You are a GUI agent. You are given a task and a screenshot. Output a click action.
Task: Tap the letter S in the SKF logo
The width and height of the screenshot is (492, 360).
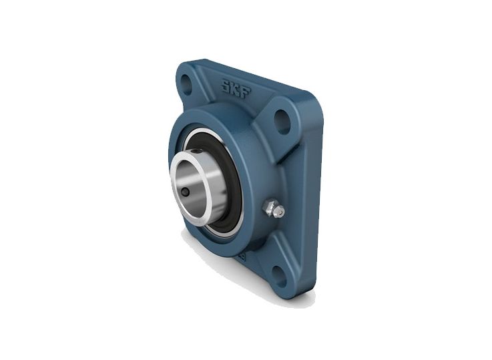coord(227,85)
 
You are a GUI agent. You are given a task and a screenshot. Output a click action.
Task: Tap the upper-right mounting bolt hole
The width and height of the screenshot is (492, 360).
coord(282,122)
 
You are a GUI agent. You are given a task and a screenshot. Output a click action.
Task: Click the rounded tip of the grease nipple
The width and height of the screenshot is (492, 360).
coord(280,212)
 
